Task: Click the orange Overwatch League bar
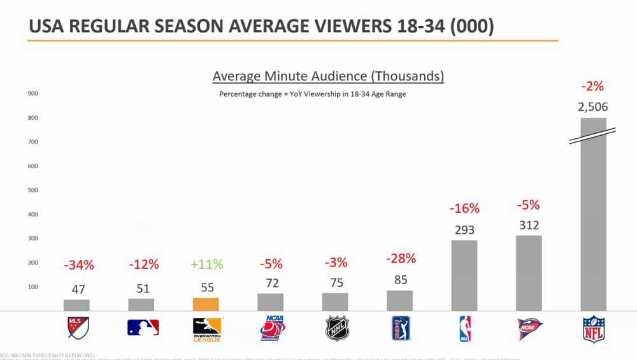(x=206, y=304)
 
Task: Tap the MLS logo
(x=78, y=328)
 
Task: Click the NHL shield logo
(x=337, y=328)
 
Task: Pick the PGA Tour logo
(x=401, y=328)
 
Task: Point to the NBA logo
(x=464, y=328)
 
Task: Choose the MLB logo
(x=143, y=328)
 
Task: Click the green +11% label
(x=206, y=264)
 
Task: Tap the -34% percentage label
(x=79, y=264)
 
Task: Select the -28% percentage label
(x=401, y=258)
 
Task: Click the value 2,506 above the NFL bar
(x=593, y=107)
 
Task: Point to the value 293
(x=464, y=229)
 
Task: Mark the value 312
(x=529, y=225)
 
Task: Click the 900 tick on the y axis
(x=33, y=94)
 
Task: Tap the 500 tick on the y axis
(x=33, y=190)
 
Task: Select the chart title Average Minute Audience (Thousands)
(x=328, y=76)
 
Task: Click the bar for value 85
(x=399, y=301)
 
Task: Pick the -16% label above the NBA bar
(x=464, y=208)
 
